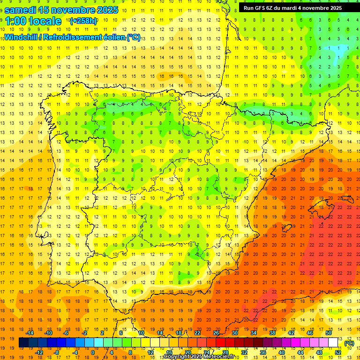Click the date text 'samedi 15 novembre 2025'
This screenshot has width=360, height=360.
coord(61,9)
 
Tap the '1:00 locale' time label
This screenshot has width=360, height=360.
coord(33,21)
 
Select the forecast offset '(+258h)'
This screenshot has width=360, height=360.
coord(83,21)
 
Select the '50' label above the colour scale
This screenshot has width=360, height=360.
coord(329,333)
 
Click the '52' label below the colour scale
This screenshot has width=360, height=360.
coord(338,352)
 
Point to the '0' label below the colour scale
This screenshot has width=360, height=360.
coord(93,352)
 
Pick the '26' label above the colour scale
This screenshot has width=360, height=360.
coord(216,333)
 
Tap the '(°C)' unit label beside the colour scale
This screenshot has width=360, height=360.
coord(349,343)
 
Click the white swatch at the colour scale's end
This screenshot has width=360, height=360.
coord(333,343)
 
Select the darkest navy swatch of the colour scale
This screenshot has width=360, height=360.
coord(23,343)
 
